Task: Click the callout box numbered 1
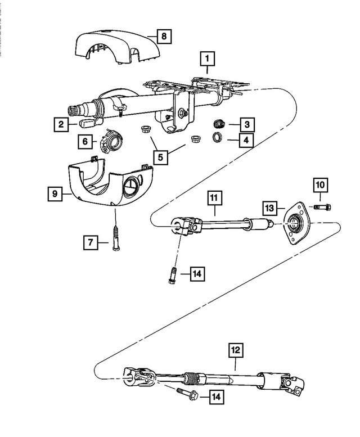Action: click(x=207, y=57)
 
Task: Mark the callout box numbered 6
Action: click(x=85, y=142)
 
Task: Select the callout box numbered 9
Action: click(x=55, y=194)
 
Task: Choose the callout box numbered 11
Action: click(x=214, y=198)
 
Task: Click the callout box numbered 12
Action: click(x=236, y=350)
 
